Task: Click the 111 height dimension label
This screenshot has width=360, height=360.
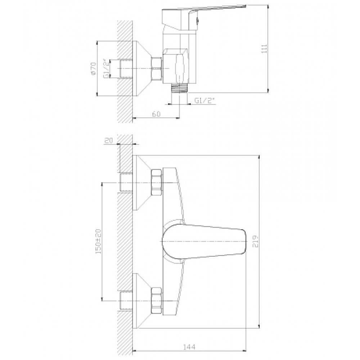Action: click(265, 49)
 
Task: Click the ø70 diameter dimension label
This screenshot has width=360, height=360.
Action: click(93, 69)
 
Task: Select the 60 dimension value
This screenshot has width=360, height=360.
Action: click(156, 114)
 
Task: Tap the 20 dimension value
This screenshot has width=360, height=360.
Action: click(109, 140)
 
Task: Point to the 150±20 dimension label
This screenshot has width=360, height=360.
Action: click(98, 242)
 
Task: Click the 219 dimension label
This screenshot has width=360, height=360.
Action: click(256, 241)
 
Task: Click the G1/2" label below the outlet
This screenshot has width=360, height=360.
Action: click(204, 100)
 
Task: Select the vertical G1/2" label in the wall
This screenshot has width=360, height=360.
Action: click(106, 69)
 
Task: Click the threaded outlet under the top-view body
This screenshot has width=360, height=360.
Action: click(179, 88)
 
